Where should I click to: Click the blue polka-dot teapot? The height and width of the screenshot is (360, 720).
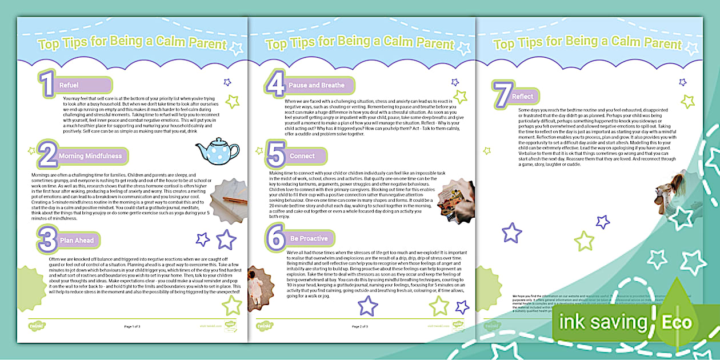tap(217, 150)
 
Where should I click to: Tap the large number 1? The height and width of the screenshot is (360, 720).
tap(46, 85)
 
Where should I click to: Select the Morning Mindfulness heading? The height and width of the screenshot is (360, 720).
tap(90, 155)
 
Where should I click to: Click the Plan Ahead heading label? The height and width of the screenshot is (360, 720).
tap(77, 241)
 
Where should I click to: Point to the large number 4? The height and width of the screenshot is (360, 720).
tap(275, 85)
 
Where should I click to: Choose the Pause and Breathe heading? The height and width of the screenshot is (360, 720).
tap(316, 85)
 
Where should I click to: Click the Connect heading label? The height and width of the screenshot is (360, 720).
tap(302, 156)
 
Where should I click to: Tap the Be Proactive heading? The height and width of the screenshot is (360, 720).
tap(309, 238)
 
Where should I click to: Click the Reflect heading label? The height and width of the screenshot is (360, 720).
tap(522, 97)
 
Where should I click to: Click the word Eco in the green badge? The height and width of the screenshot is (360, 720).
tap(677, 322)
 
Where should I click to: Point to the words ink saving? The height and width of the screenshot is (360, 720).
tap(603, 322)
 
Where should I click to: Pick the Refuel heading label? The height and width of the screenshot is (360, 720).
tap(69, 85)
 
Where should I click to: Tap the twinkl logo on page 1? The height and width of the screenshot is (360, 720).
tap(37, 326)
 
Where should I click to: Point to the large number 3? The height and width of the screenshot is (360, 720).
tap(47, 240)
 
